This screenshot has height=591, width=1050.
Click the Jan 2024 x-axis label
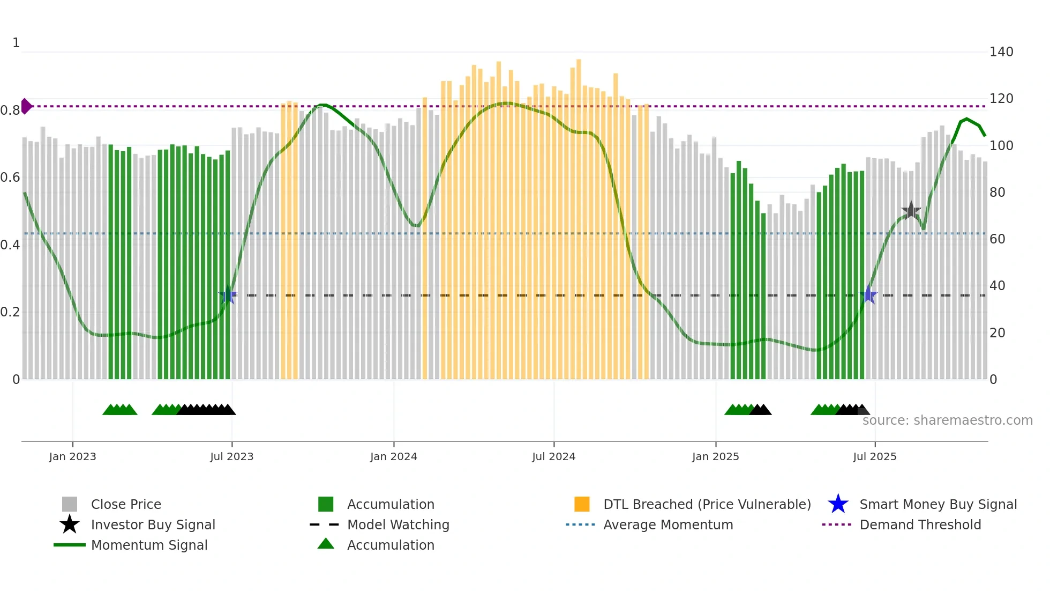(393, 456)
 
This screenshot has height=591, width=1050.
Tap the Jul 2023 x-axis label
(231, 456)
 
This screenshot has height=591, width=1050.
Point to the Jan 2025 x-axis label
(715, 456)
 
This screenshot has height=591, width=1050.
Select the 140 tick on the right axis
(1001, 52)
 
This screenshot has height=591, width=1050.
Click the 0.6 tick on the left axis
(10, 178)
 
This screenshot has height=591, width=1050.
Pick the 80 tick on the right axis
(997, 192)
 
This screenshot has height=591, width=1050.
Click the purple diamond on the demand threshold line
(26, 106)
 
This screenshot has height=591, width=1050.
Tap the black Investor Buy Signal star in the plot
(911, 210)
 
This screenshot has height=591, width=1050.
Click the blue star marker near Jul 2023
(228, 295)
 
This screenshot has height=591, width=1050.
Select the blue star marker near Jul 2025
(868, 295)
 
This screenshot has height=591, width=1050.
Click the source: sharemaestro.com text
(947, 420)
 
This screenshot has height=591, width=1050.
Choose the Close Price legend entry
(126, 504)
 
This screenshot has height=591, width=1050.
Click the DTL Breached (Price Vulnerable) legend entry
(707, 504)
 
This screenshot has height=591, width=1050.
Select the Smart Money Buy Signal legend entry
(937, 504)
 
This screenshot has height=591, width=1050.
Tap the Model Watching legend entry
(397, 524)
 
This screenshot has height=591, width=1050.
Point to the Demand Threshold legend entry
(920, 524)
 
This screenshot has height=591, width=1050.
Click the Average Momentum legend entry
(667, 524)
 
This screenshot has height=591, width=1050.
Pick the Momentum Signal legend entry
(149, 545)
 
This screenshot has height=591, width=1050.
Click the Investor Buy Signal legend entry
(153, 524)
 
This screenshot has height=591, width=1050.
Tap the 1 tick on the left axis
(16, 43)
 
